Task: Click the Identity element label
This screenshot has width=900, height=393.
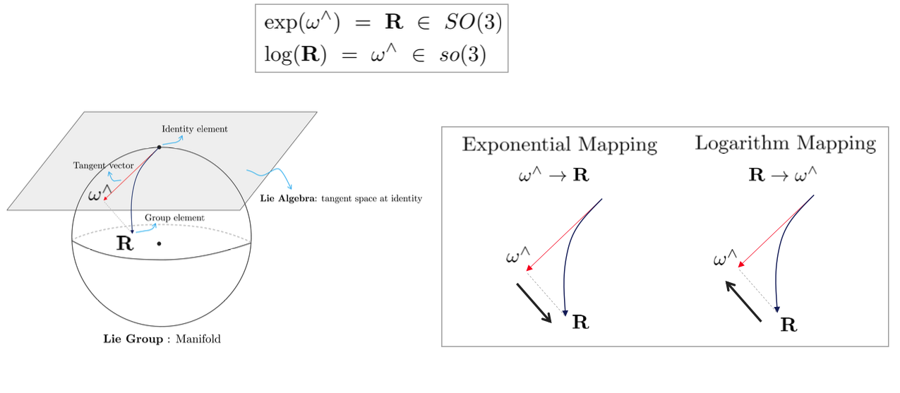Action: click(195, 129)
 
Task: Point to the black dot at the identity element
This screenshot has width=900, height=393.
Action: click(159, 147)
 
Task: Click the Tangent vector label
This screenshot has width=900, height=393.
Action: click(104, 165)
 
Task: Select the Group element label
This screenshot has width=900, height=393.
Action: click(174, 218)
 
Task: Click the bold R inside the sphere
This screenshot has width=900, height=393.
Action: click(125, 244)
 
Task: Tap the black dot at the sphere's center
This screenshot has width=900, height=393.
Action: click(160, 243)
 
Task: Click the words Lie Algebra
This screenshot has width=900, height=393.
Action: click(287, 198)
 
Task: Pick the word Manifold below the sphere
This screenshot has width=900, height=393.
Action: click(198, 339)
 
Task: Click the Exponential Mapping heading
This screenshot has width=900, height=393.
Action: click(559, 145)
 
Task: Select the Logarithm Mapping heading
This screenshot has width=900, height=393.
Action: click(785, 144)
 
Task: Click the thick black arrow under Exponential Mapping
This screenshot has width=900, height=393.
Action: click(534, 303)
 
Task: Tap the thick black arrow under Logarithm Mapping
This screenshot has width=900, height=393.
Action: click(743, 301)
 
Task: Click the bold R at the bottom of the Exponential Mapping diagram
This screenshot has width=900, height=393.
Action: click(580, 323)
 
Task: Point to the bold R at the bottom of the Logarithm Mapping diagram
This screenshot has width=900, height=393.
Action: click(788, 325)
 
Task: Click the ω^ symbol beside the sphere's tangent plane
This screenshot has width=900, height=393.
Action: click(100, 193)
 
